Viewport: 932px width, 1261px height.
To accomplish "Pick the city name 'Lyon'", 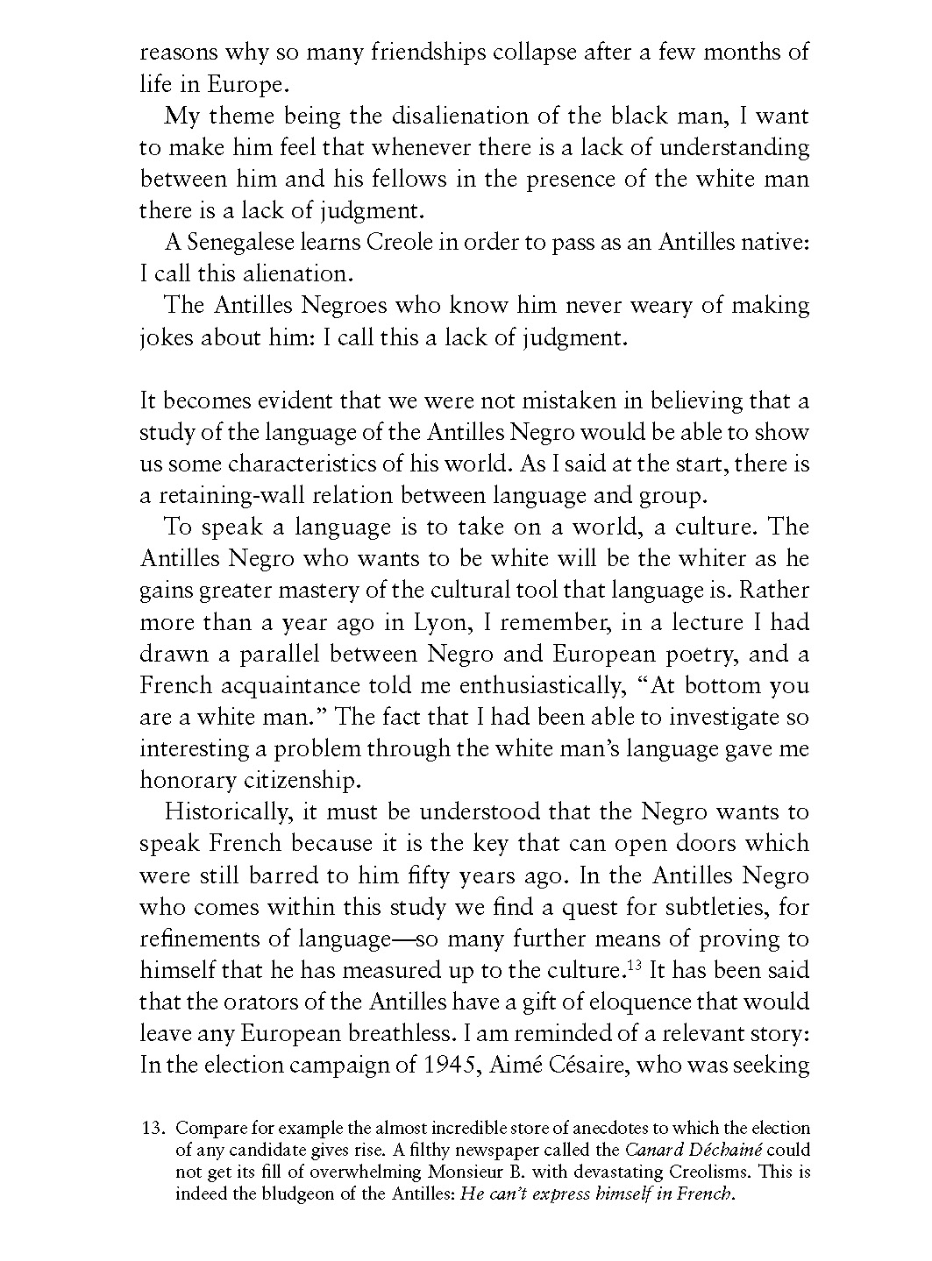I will pyautogui.click(x=406, y=622).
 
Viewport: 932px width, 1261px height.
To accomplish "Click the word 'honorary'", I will pyautogui.click(x=186, y=780).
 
